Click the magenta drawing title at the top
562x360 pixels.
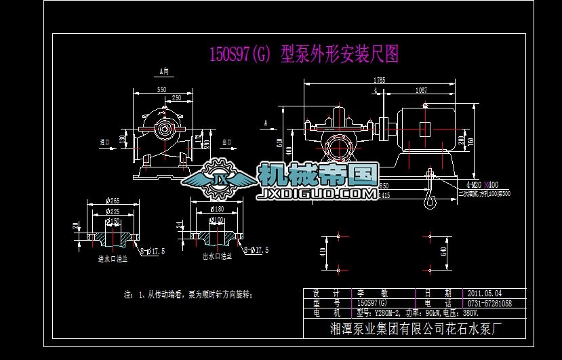point(303,55)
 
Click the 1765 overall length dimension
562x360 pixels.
point(379,80)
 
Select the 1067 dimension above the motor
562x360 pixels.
point(421,89)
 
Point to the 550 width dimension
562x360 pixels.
point(161,89)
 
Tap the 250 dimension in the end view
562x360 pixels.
point(176,98)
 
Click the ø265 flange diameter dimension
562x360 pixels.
point(113,201)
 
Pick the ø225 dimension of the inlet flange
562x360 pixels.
point(113,211)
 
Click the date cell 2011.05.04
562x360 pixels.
point(485,293)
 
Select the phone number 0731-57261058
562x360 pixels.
point(489,303)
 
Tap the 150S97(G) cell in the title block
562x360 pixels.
point(373,303)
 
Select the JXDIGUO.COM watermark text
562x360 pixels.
point(319,195)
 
